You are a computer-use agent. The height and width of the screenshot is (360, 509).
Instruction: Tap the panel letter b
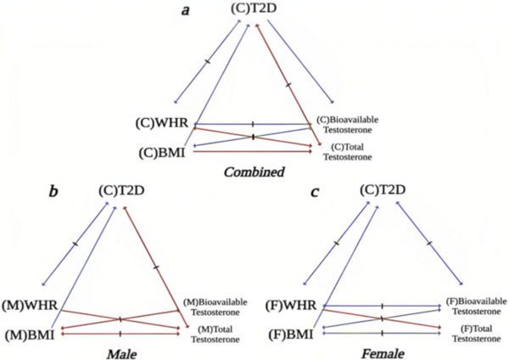coord(53,194)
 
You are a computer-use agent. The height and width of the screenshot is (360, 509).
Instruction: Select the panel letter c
coord(315,194)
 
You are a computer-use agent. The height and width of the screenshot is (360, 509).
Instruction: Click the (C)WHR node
coord(166,123)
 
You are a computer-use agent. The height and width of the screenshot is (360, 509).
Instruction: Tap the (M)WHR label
coord(29,303)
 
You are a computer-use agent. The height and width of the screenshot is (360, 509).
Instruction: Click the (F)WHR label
coord(290,303)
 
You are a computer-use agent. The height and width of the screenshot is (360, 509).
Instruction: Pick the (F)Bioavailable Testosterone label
coord(476,306)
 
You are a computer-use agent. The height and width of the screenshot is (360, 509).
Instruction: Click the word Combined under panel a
coord(254,172)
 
